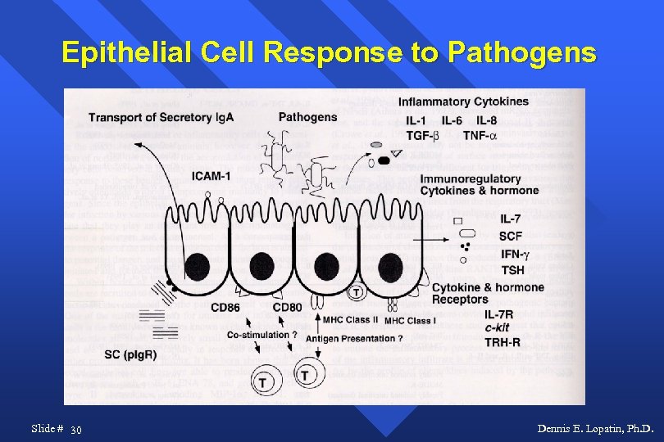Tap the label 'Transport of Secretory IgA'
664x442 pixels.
click(x=161, y=117)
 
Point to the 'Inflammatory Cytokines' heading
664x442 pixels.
click(x=463, y=102)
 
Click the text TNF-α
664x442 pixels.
click(x=480, y=135)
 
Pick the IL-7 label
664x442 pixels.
click(x=511, y=219)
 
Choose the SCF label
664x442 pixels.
click(x=511, y=237)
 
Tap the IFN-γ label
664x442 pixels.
click(x=514, y=254)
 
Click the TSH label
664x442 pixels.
click(x=512, y=270)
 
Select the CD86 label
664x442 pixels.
click(x=225, y=308)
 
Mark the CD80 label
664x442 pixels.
click(x=287, y=308)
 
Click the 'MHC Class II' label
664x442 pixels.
click(x=351, y=320)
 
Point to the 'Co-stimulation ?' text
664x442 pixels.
click(x=262, y=335)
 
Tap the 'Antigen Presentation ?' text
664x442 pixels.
click(x=354, y=338)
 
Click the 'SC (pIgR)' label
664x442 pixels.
click(x=130, y=354)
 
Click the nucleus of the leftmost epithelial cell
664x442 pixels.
click(x=196, y=266)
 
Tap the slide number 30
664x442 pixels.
click(x=76, y=430)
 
